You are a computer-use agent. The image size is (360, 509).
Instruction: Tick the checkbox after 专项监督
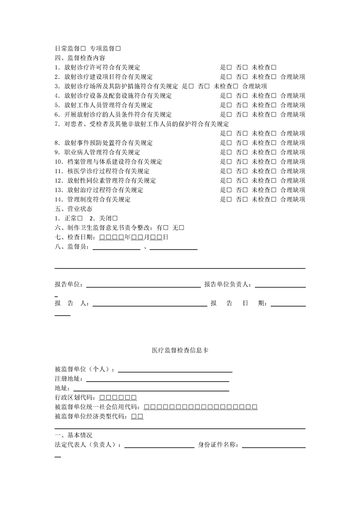pyautogui.click(x=118, y=48)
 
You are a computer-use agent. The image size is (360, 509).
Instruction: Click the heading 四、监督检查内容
pyautogui.click(x=80, y=58)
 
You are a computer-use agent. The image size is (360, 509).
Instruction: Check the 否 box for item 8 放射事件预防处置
pyautogui.click(x=245, y=143)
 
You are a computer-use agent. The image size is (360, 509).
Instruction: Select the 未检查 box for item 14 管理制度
pyautogui.click(x=274, y=200)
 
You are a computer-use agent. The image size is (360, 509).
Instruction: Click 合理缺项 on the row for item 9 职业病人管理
pyautogui.click(x=293, y=152)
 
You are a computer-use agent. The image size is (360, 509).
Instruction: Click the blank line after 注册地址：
pyautogui.click(x=157, y=380)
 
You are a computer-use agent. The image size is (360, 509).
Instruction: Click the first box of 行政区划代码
pyautogui.click(x=102, y=398)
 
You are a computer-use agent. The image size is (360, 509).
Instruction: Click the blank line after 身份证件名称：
pyautogui.click(x=274, y=446)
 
